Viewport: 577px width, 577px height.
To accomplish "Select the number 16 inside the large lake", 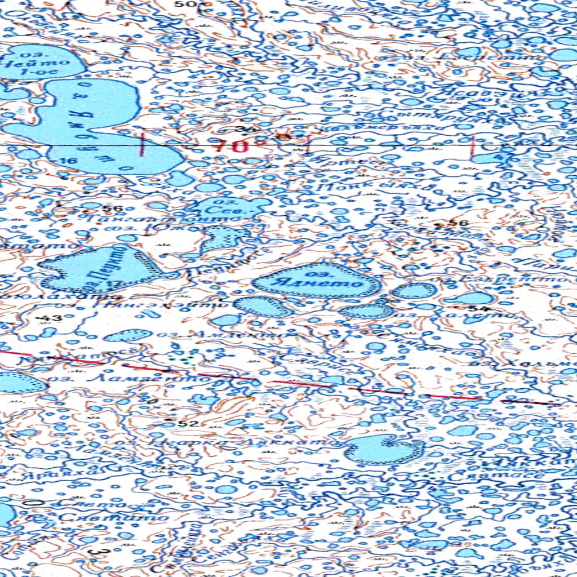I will [x=70, y=161].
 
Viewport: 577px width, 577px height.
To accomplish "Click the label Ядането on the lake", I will [x=318, y=281].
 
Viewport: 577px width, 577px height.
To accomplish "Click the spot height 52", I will [x=188, y=423].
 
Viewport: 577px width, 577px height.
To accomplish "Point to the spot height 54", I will [x=478, y=309].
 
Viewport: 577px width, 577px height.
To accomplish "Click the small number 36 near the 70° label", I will [x=243, y=130].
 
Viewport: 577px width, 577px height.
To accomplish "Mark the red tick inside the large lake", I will [x=143, y=145].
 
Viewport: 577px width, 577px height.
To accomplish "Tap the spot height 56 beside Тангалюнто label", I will [x=112, y=209].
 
